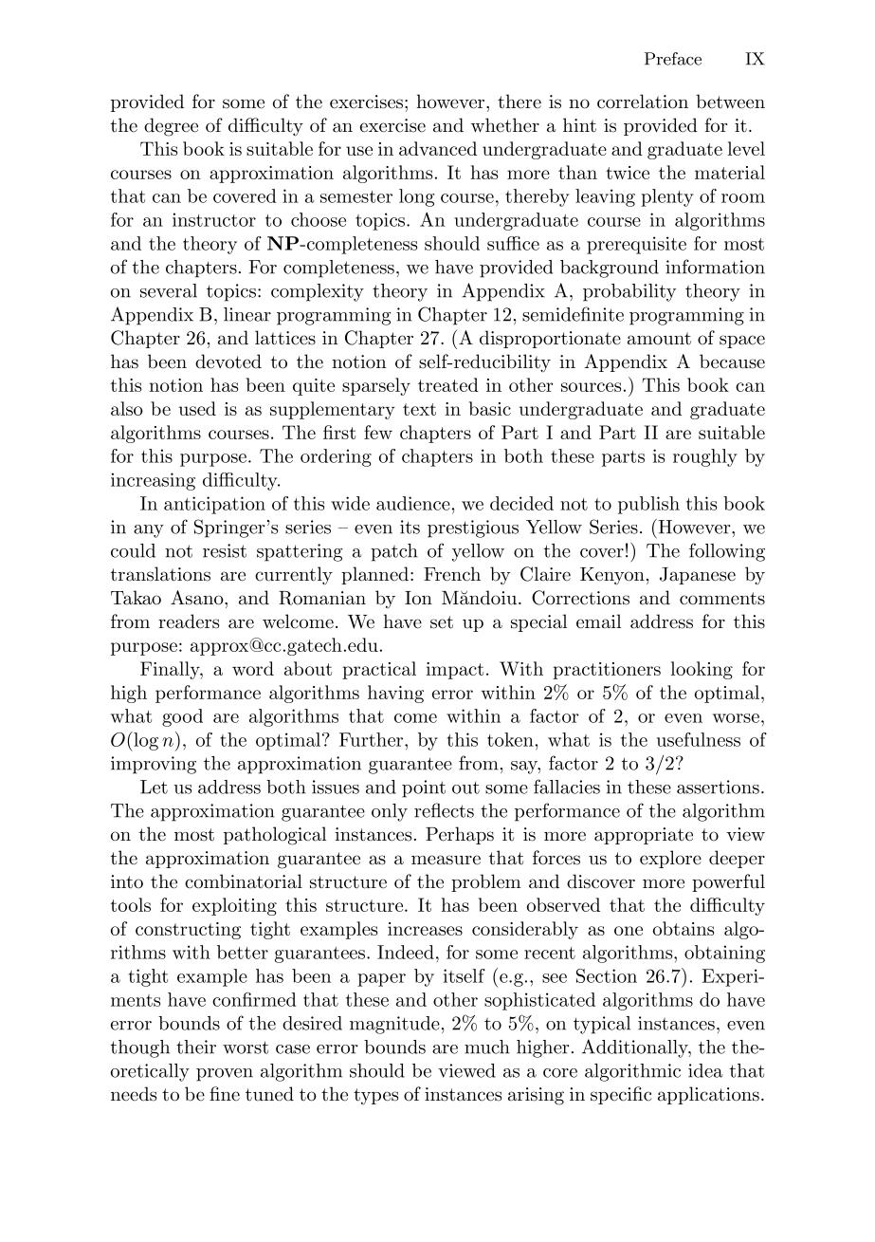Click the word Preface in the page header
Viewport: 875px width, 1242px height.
673,60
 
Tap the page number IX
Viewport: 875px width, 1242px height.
755,60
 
